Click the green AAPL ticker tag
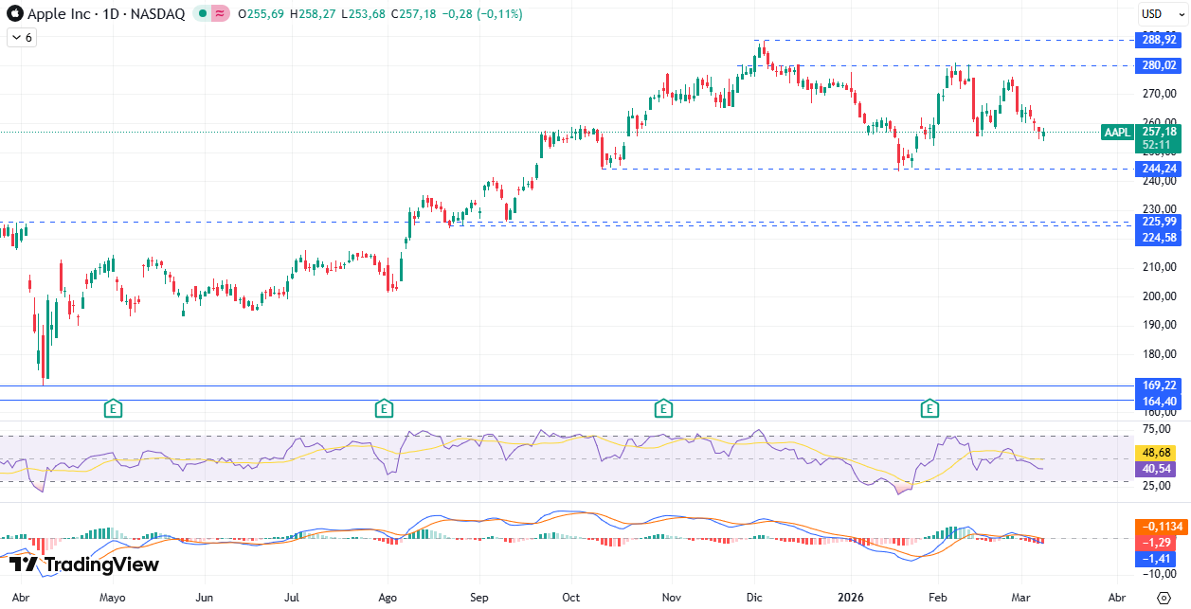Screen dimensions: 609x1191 (1118, 133)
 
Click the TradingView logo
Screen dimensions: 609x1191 (83, 565)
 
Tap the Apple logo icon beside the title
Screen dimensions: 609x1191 (14, 14)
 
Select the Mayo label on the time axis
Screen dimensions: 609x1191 (112, 598)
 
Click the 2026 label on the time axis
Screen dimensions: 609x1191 (850, 598)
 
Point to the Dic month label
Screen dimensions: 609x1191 (755, 598)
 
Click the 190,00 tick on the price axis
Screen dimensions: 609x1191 (1159, 325)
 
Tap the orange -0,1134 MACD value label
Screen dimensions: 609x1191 (1159, 528)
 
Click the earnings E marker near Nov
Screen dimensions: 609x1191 (663, 409)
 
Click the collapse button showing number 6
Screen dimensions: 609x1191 (22, 38)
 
